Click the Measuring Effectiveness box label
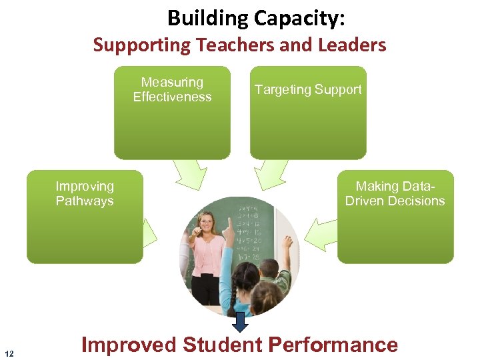(172, 89)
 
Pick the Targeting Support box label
(308, 89)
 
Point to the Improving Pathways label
(85, 193)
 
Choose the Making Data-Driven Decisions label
(395, 193)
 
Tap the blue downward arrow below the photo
(241, 322)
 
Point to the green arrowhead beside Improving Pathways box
(150, 233)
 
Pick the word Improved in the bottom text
(129, 345)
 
